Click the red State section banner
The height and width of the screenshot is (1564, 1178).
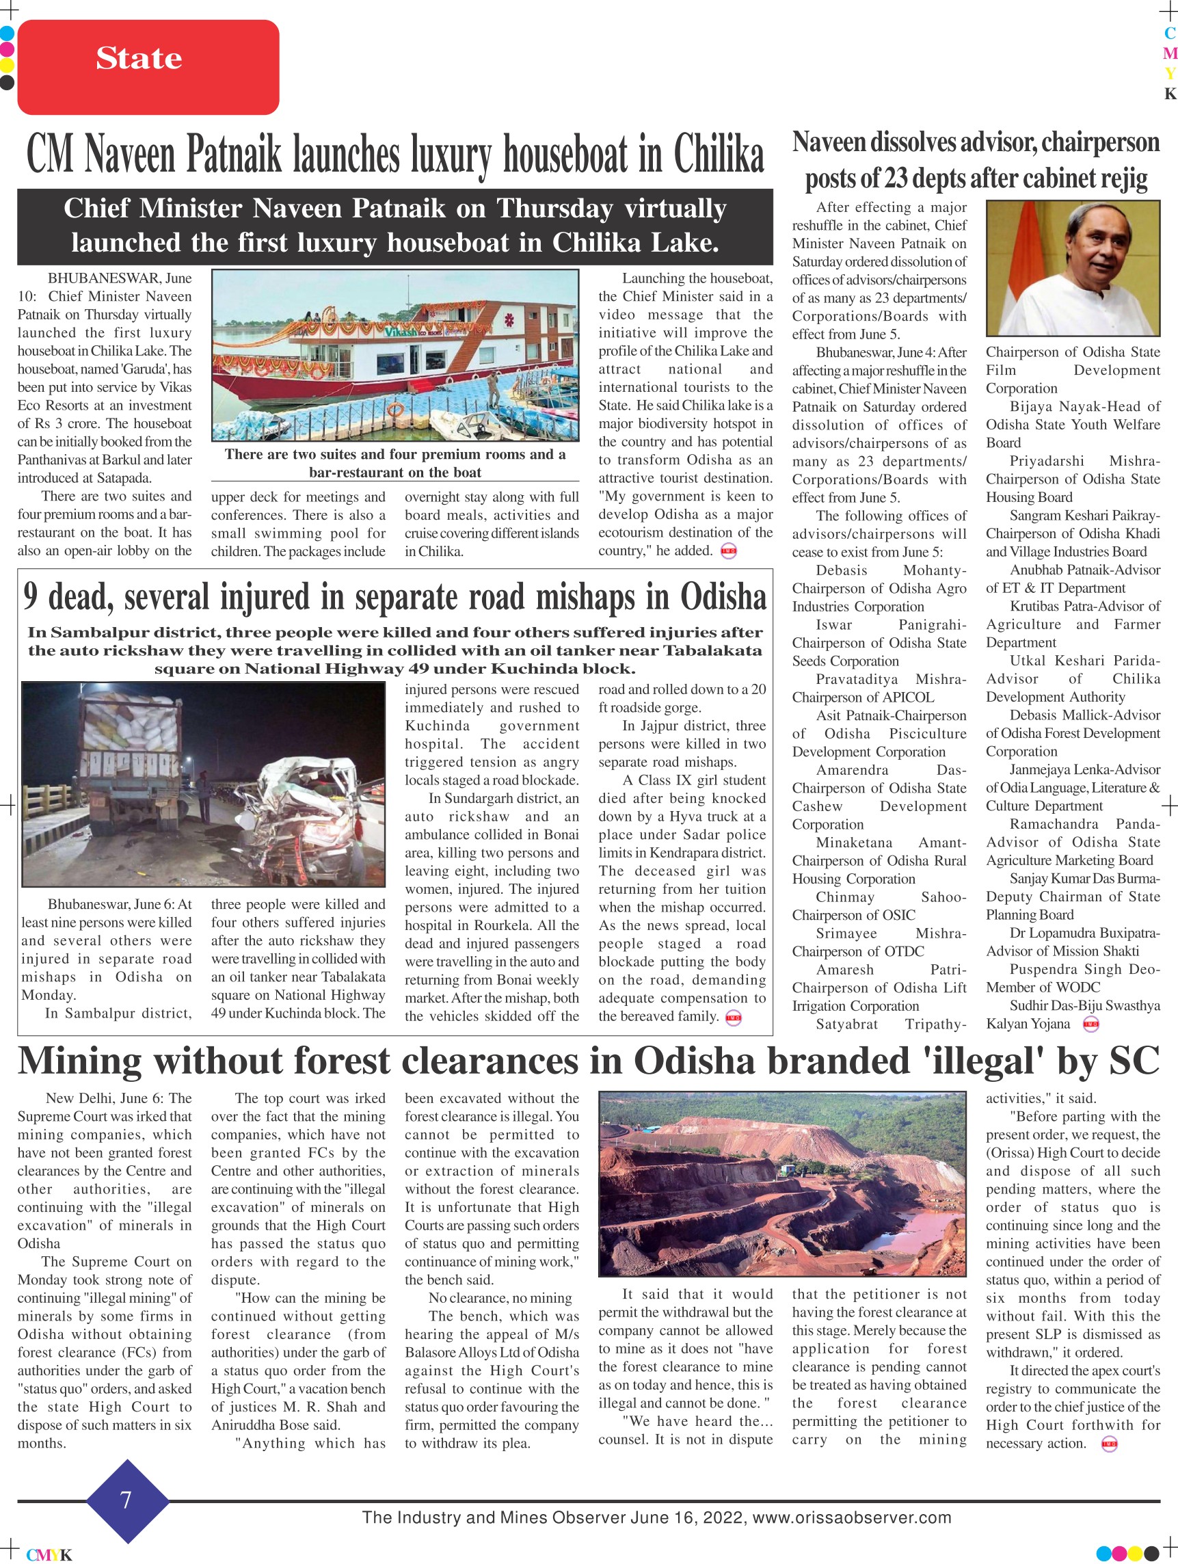tap(148, 66)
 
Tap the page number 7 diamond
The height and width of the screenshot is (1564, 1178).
tap(126, 1500)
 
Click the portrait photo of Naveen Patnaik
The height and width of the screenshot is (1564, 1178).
tap(1072, 268)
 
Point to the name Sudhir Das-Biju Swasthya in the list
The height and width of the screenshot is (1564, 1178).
tap(1073, 1005)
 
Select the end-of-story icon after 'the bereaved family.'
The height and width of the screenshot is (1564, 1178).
tap(733, 1018)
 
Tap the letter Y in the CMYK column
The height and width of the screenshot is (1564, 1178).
tap(1170, 74)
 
